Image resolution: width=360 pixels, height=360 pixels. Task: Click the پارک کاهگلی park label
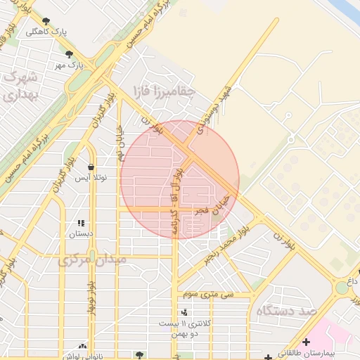(x=41, y=32)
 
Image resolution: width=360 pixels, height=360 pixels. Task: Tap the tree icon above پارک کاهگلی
(x=46, y=21)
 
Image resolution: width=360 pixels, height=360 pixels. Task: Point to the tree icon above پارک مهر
(x=68, y=53)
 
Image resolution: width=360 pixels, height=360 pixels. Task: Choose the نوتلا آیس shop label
(x=91, y=177)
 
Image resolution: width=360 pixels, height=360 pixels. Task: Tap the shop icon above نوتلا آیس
(x=91, y=167)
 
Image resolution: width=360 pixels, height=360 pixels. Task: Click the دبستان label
(x=81, y=232)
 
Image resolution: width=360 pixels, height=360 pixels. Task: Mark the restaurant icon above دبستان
(x=81, y=221)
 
